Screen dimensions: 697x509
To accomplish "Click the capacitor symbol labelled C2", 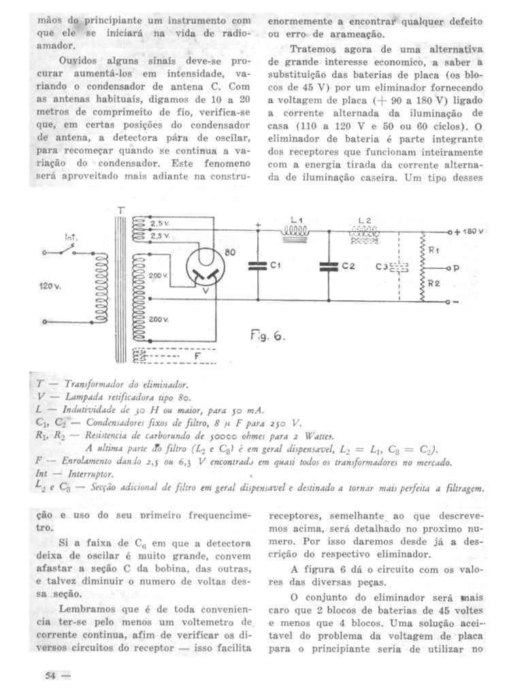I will point(330,267).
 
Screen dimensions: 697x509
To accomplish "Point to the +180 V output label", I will point(470,231).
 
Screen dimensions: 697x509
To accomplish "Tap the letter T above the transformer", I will point(120,210).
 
